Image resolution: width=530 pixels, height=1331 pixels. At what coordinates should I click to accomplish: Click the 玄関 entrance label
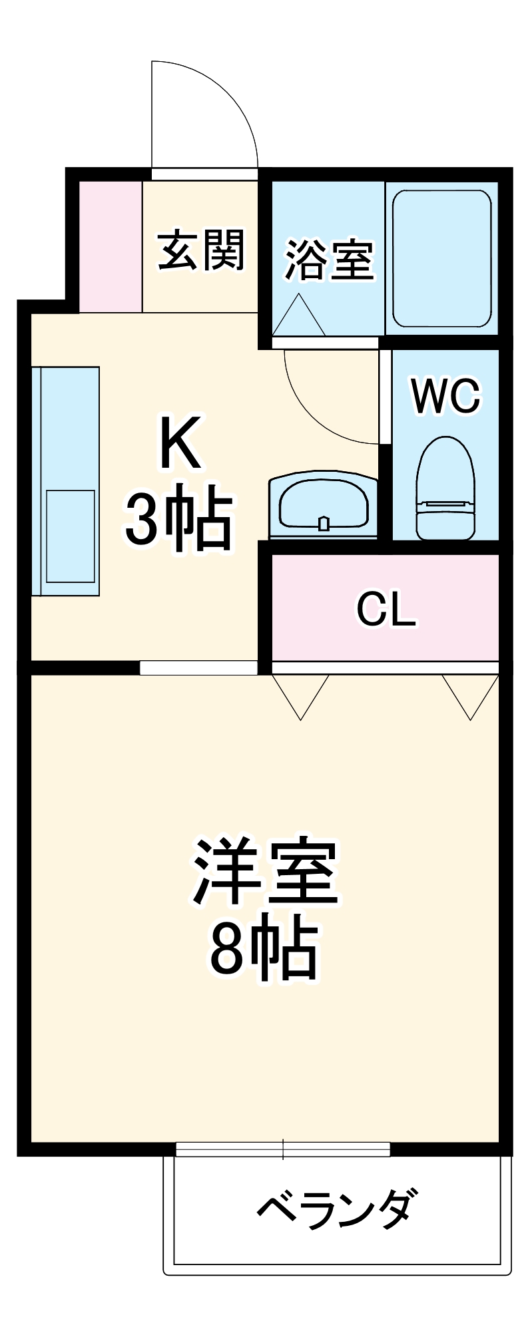pyautogui.click(x=201, y=251)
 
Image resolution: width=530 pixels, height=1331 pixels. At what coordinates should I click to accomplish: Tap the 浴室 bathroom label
pyautogui.click(x=329, y=260)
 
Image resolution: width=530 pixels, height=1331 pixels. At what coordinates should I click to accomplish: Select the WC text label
pyautogui.click(x=445, y=396)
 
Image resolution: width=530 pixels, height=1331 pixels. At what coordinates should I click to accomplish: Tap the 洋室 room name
pyautogui.click(x=266, y=872)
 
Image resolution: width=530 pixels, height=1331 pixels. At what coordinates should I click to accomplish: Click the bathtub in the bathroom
pyautogui.click(x=441, y=259)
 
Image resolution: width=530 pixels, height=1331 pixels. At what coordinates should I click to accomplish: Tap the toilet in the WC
pyautogui.click(x=445, y=489)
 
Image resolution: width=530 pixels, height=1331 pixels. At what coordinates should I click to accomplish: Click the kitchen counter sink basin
pyautogui.click(x=70, y=536)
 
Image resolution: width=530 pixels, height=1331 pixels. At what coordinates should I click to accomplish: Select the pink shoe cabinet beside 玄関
pyautogui.click(x=111, y=246)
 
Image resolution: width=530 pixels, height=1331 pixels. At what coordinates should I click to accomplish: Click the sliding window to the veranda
pyautogui.click(x=283, y=1149)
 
